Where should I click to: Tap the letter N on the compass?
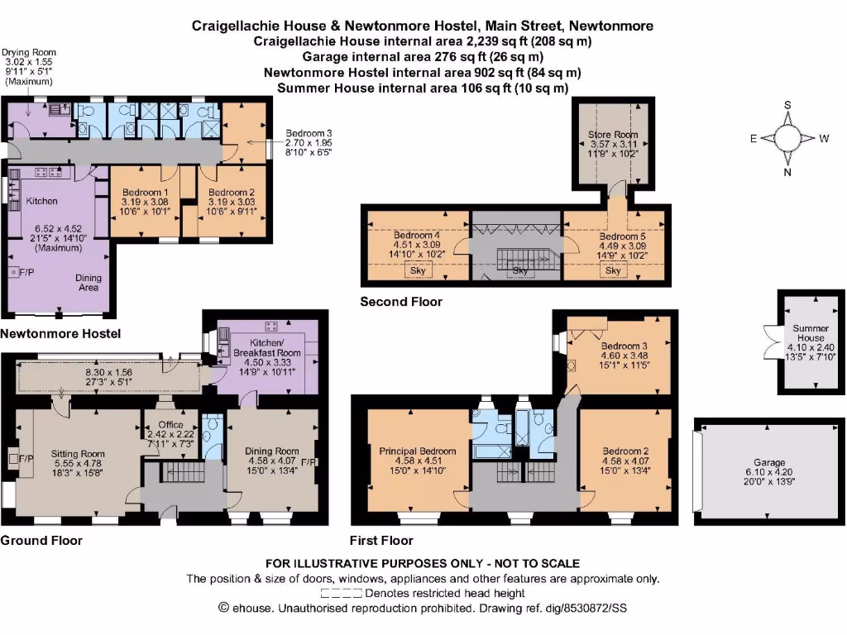(x=788, y=172)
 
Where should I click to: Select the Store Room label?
(x=613, y=134)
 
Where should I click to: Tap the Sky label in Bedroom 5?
(x=613, y=271)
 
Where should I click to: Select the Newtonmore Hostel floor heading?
(x=60, y=334)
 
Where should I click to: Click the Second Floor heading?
(x=401, y=302)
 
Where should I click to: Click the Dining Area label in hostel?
(x=89, y=283)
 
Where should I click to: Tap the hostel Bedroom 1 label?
(x=144, y=191)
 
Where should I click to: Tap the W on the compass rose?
(x=824, y=139)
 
